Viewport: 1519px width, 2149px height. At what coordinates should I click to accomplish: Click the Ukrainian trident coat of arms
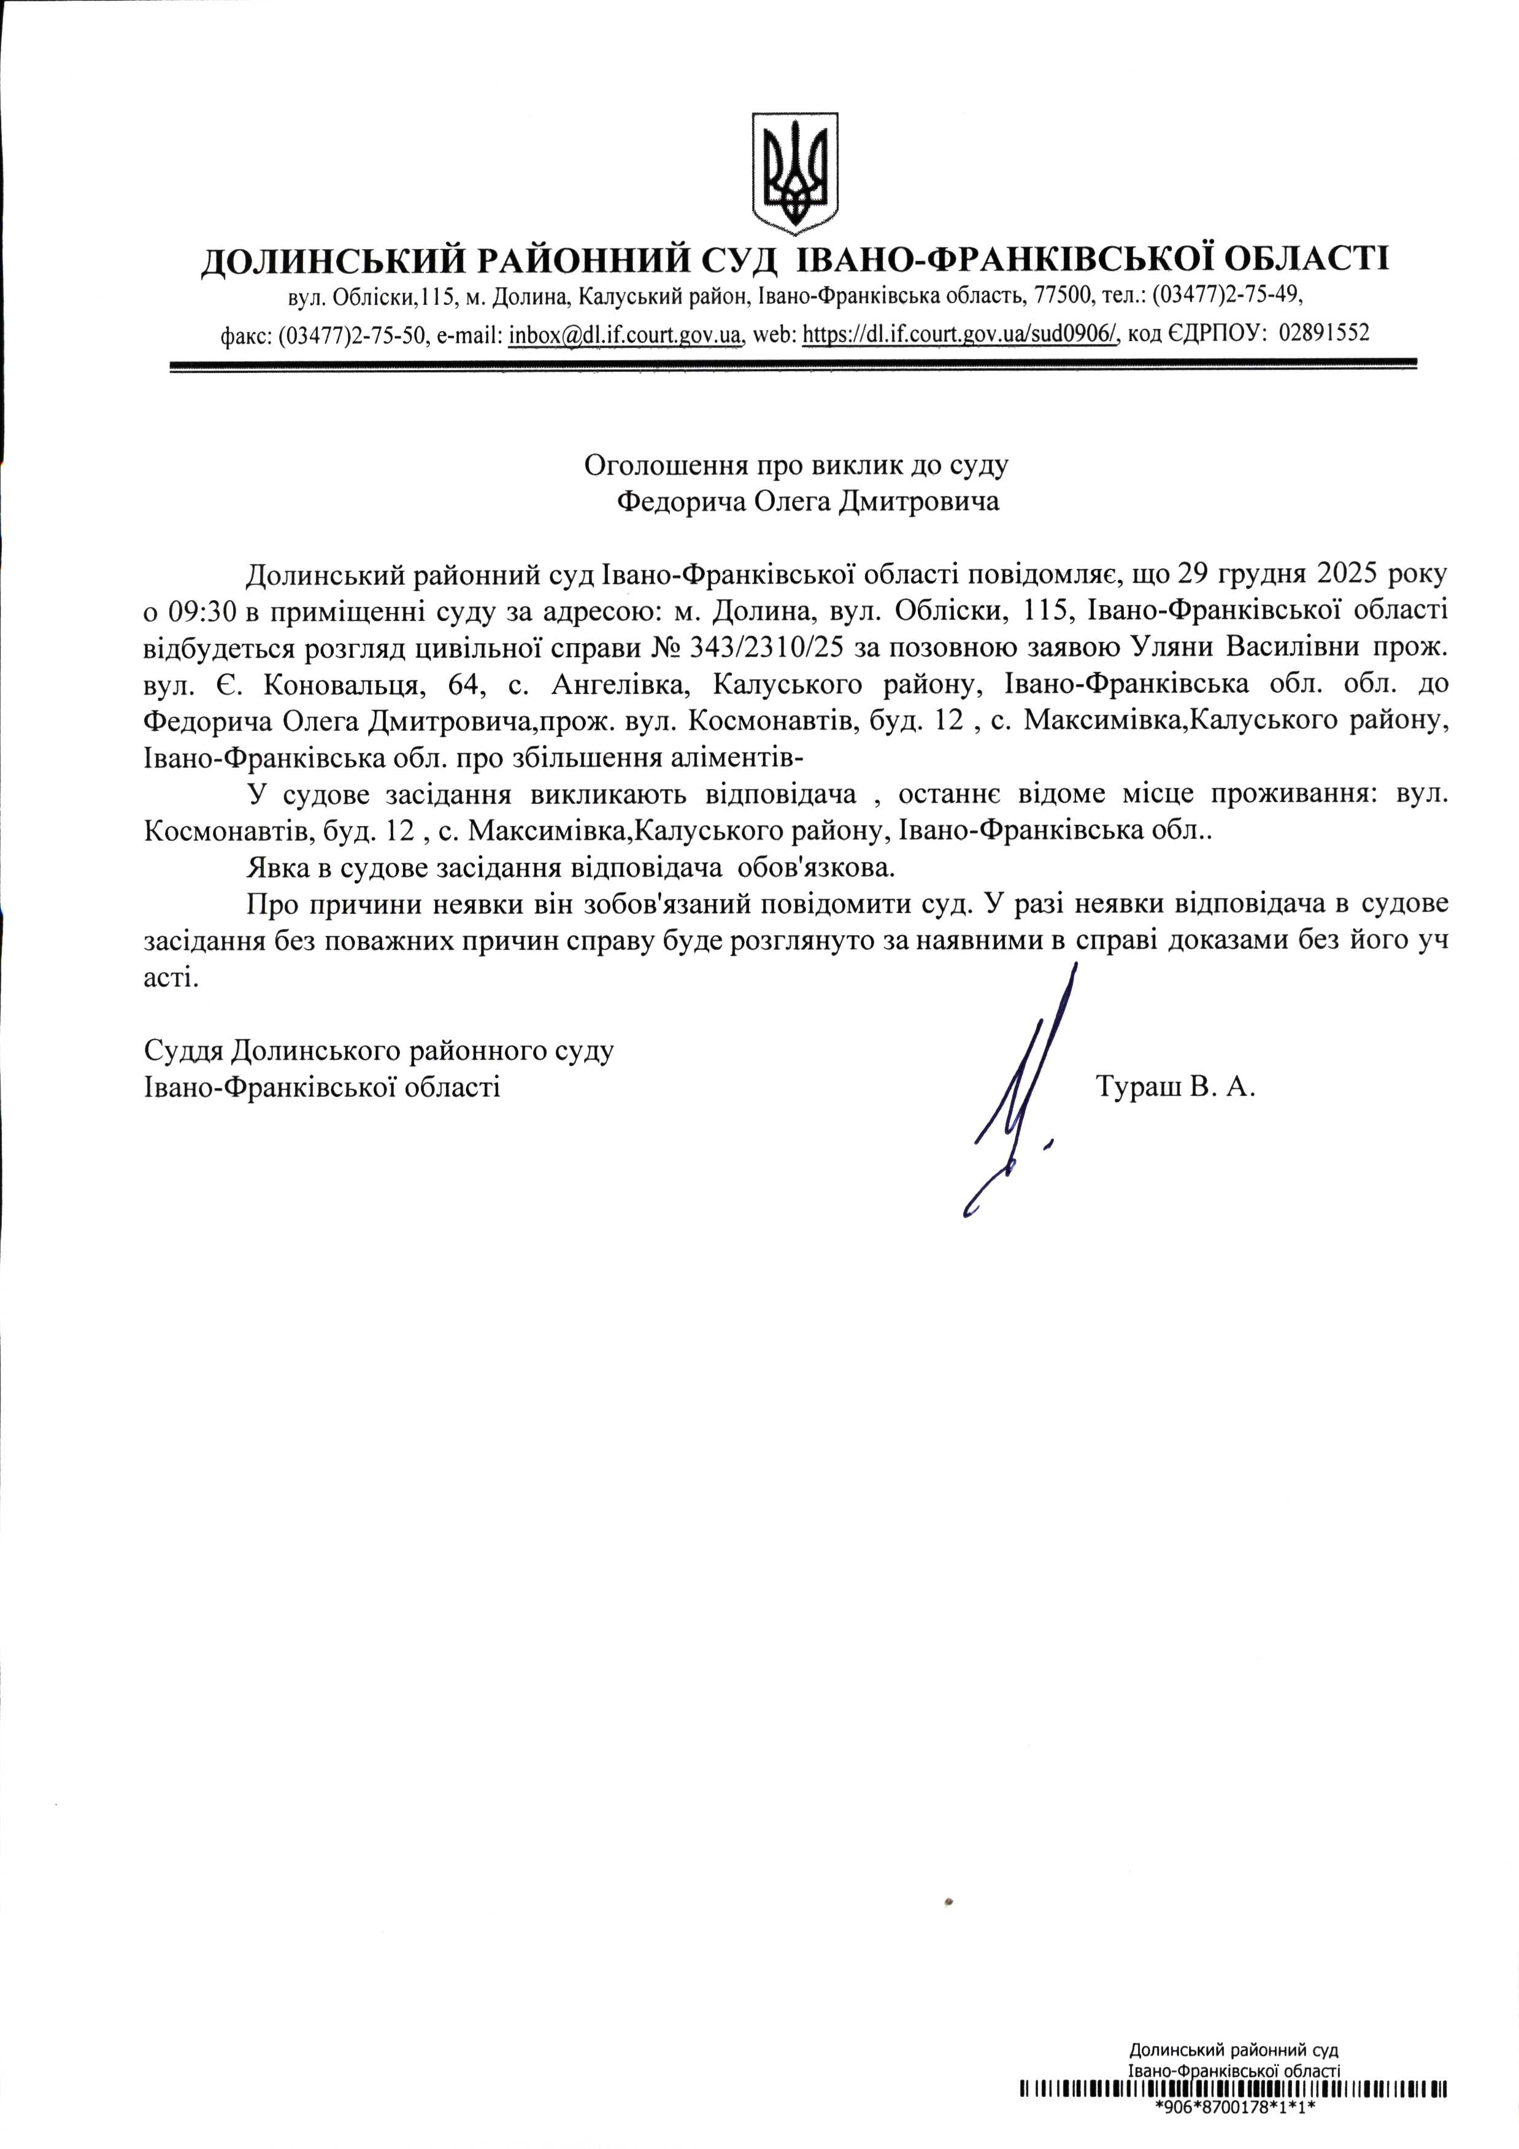(x=794, y=174)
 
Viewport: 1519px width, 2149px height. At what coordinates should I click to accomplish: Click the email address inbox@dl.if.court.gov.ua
(x=625, y=334)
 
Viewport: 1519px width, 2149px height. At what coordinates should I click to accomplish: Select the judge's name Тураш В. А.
(x=1175, y=1087)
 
